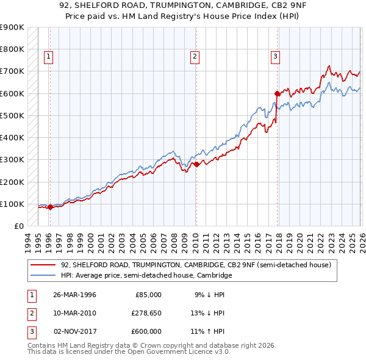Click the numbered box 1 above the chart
click(49, 57)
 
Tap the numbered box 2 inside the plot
click(195, 57)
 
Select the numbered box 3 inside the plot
click(276, 57)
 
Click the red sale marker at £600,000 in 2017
click(277, 93)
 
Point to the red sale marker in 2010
click(196, 164)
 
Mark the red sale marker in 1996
click(50, 207)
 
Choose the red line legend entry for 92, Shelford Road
click(195, 265)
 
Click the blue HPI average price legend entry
click(146, 275)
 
